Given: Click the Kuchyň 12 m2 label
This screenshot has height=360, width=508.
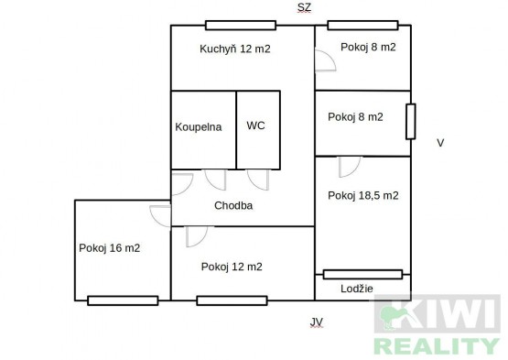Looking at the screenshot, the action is pos(235,49).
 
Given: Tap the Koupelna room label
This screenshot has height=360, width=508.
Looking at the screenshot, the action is pos(199,126).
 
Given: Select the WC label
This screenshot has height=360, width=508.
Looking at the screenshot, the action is pos(255,125).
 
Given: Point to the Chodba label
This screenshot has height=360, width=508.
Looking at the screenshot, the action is pos(233,205).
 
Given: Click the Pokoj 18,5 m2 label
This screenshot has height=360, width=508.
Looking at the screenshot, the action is pos(363,195).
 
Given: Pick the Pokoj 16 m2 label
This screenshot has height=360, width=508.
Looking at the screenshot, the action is pos(110,248).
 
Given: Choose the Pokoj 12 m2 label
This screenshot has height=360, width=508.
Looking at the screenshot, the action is pos(232,267).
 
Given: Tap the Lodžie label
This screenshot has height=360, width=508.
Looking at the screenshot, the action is pos(357,289).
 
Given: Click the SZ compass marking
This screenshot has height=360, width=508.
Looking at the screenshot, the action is pos(304,7).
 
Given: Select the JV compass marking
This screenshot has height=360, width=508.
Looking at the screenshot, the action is pos(316,322).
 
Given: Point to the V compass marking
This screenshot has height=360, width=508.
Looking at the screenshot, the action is pos(440,143).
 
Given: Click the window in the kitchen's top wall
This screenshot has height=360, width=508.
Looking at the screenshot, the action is pos(241,26).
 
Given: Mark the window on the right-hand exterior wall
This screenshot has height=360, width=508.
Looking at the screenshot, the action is pos(411,122).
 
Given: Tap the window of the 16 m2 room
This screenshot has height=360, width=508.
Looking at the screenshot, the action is pos(123,300).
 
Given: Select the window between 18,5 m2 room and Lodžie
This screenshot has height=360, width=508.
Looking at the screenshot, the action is pos(362,275).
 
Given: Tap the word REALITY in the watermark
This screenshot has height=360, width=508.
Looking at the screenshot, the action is pos(437,345).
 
